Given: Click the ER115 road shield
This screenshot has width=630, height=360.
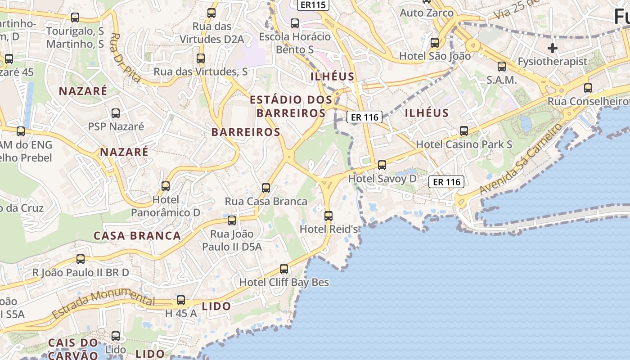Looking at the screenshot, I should click(x=313, y=4).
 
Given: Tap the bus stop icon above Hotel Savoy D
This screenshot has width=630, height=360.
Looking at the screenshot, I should click(x=382, y=165).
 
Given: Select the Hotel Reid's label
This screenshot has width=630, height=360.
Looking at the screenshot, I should click(x=328, y=229).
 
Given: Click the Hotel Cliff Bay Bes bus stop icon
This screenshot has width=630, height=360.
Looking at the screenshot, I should click(x=284, y=269).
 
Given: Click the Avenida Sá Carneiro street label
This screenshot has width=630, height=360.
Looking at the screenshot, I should click(x=521, y=160).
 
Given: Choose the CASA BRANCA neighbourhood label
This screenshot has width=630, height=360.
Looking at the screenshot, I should click(x=137, y=235).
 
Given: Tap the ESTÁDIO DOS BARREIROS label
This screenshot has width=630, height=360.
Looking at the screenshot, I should click(x=291, y=106).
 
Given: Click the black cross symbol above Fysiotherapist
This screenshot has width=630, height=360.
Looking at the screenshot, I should click(x=553, y=48).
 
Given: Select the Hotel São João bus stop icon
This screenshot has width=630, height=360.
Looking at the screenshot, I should click(x=435, y=43).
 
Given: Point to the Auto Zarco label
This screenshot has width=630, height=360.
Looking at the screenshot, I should click(x=427, y=13).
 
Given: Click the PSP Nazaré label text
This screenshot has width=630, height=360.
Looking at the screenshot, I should click(x=116, y=126).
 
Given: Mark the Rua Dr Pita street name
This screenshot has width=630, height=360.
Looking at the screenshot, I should click(x=125, y=58).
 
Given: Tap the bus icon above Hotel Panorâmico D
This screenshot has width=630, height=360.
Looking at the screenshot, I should click(x=166, y=186).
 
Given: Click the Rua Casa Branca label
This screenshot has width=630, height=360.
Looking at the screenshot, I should click(x=266, y=201).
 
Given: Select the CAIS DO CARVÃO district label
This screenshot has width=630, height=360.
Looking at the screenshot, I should click(x=73, y=349).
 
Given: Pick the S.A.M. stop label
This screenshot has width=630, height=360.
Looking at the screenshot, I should click(x=501, y=80).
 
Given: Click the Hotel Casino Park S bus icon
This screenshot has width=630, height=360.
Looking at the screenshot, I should click(x=464, y=131).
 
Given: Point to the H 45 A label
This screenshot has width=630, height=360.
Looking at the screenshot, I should click(x=181, y=313).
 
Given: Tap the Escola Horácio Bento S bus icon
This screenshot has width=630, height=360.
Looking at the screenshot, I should click(x=295, y=23).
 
